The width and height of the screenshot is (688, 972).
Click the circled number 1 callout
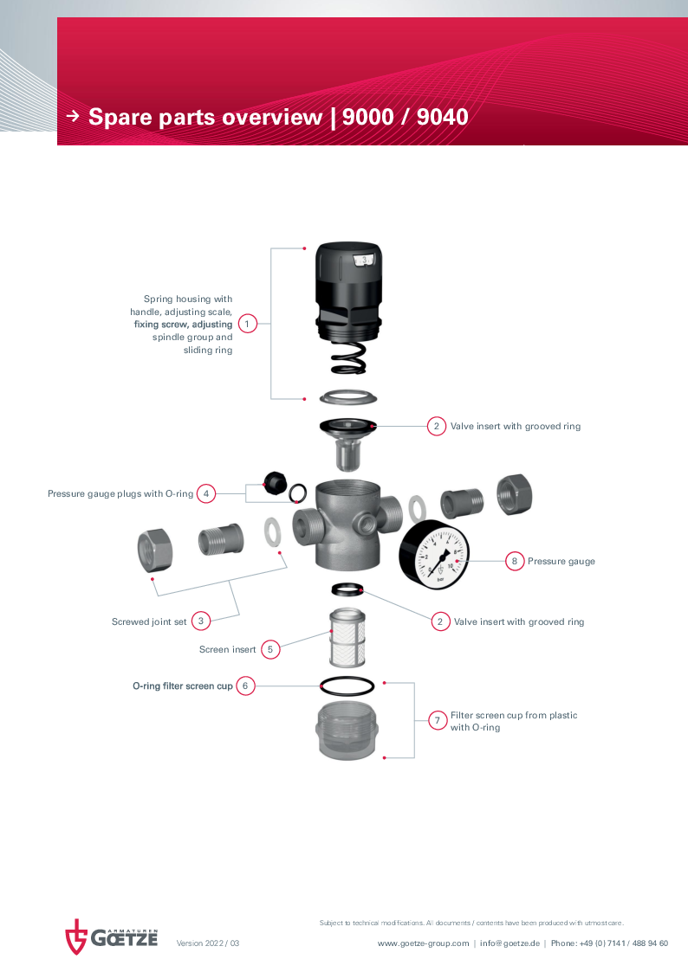point(247,324)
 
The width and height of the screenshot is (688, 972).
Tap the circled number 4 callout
point(206,494)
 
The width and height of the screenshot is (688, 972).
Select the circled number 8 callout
point(515,561)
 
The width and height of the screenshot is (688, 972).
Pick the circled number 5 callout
point(269,649)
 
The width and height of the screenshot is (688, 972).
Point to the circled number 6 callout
point(245,686)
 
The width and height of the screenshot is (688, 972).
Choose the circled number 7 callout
point(438,720)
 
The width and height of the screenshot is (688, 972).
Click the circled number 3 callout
point(201,621)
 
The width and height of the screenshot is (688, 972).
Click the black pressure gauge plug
point(275,482)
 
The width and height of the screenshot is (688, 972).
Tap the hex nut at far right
point(514,495)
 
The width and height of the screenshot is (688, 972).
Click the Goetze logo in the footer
point(112,937)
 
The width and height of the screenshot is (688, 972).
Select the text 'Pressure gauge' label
point(561,562)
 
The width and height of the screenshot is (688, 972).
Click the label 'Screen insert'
point(228,650)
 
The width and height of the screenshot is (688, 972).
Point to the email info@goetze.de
point(510,943)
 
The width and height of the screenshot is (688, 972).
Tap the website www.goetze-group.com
point(424,943)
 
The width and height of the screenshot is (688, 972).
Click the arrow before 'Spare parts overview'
point(74,115)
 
